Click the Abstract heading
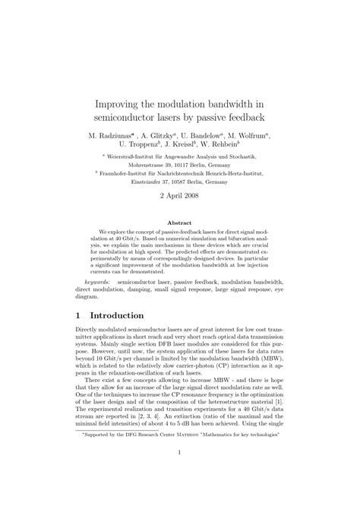[x=180, y=223]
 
